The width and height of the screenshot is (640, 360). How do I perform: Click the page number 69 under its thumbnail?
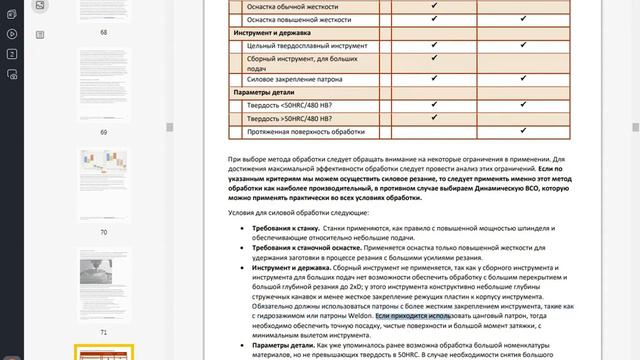pos(103,131)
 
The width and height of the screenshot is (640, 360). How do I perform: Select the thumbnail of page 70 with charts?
pos(103,184)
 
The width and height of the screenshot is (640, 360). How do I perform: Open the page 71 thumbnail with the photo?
pos(103,284)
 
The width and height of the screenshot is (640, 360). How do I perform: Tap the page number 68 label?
pos(103,32)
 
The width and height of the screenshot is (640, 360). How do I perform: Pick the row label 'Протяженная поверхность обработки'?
pos(307,132)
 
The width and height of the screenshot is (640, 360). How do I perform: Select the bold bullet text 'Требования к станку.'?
pos(284,229)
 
